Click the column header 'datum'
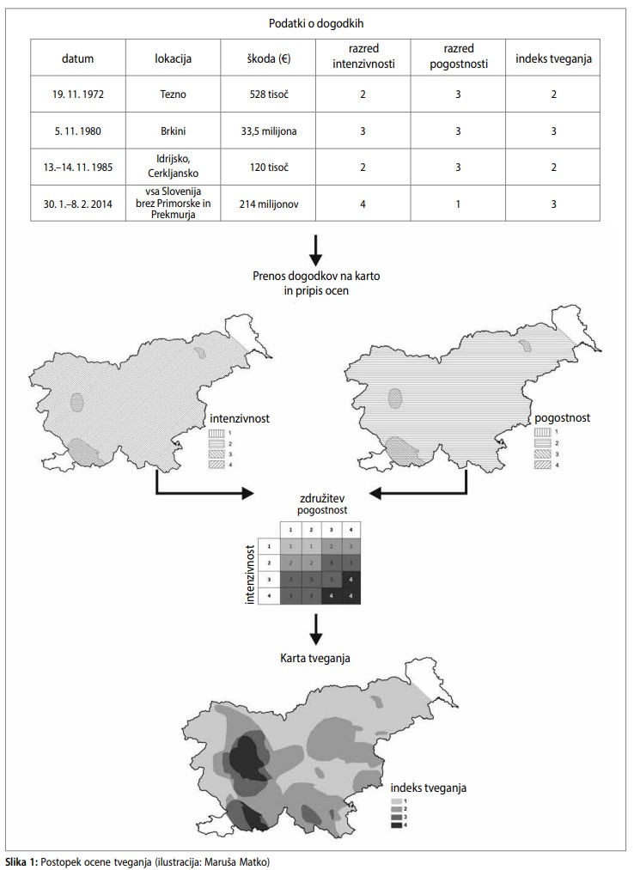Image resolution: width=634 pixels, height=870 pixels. coord(77,58)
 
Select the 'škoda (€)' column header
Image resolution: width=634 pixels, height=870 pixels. coord(270,58)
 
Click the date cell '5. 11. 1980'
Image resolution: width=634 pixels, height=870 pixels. coord(77,131)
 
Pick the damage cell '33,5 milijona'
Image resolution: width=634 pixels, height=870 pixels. coord(270,131)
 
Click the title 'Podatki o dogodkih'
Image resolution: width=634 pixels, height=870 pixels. coord(316,22)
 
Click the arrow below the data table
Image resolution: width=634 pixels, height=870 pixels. coord(316,246)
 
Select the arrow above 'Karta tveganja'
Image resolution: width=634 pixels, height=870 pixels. coord(316,630)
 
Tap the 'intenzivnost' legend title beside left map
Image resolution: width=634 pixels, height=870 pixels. coord(240,419)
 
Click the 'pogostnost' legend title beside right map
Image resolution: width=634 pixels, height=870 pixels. coord(563,418)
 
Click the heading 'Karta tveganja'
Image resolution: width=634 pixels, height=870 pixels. coord(316,657)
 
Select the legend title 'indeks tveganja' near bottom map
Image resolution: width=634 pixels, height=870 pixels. coord(428,787)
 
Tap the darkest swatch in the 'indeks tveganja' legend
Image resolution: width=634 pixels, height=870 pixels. coord(396,825)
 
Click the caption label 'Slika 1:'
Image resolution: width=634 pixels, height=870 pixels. coord(21,860)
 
